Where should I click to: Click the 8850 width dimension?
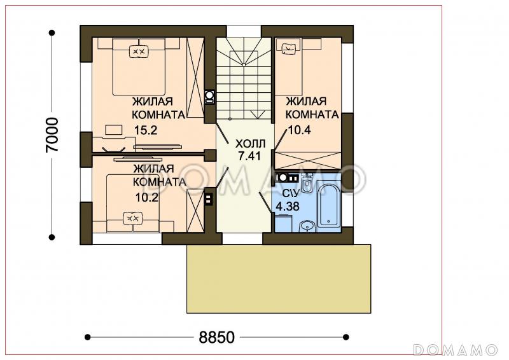point(216,337)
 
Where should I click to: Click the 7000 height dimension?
point(52,134)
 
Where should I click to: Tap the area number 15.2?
point(146,130)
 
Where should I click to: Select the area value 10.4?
point(299,130)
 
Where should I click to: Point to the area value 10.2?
point(147,197)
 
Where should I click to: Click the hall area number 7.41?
point(249,156)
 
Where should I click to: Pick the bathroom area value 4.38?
point(288,207)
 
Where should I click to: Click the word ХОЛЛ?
point(250,144)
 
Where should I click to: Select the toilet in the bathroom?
point(306,183)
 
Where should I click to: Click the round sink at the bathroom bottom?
point(307,226)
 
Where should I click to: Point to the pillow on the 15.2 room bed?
point(139,51)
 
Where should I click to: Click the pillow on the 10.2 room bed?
point(133,218)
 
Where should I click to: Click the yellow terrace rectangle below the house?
point(279,279)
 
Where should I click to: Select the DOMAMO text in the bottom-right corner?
point(456,350)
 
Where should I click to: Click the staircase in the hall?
point(244,78)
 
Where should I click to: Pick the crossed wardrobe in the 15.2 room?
point(195,78)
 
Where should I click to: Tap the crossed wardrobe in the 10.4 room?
point(308,160)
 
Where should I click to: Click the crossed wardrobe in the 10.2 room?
point(195,211)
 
